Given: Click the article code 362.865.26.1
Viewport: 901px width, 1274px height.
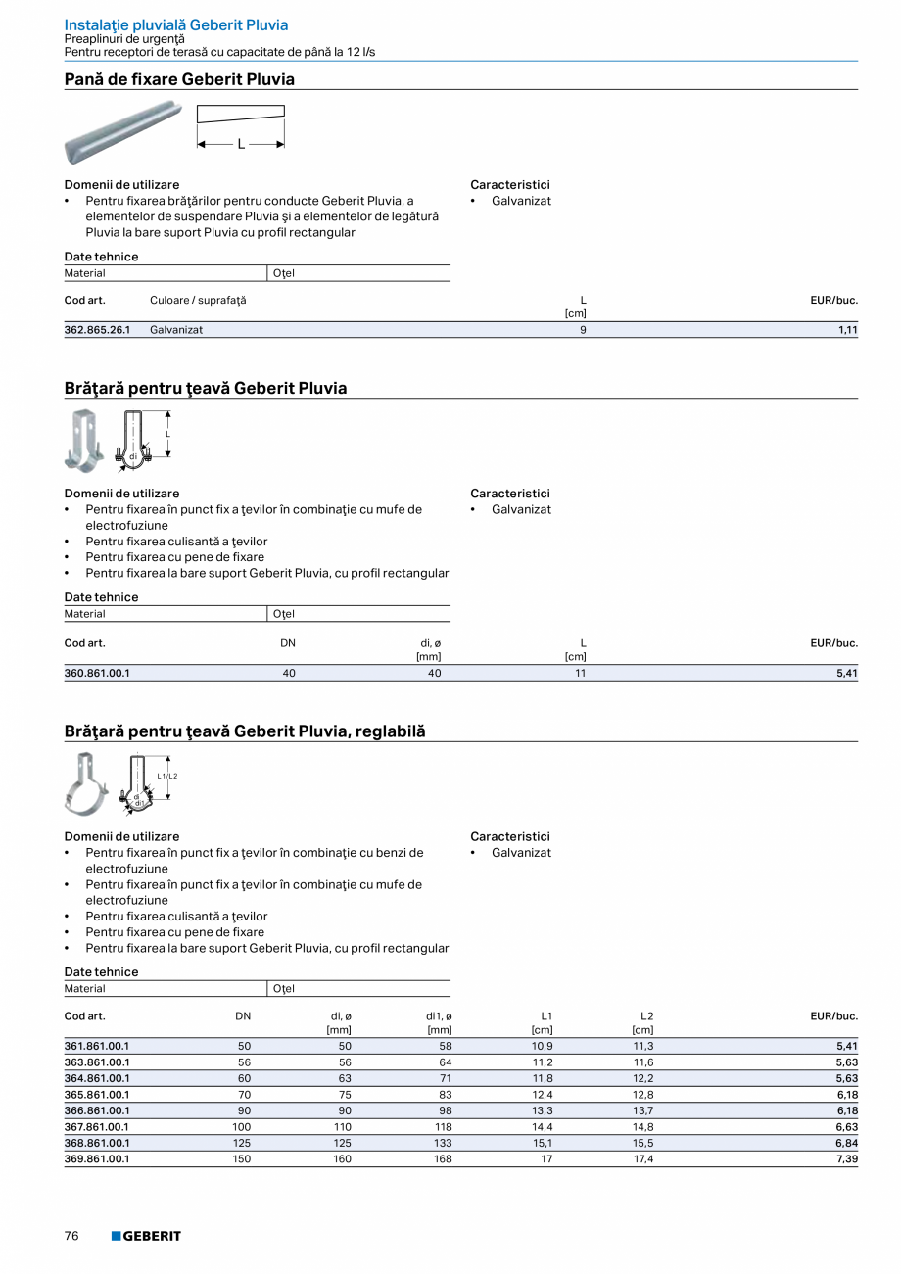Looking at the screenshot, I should tap(97, 330).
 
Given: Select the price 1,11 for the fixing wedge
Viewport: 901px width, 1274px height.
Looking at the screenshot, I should tap(848, 330).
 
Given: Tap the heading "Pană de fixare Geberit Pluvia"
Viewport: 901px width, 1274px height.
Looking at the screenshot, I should tap(179, 79).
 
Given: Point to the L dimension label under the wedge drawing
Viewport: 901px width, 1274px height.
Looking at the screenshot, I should tap(241, 144).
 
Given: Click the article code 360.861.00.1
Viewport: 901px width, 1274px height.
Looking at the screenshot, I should tap(97, 673).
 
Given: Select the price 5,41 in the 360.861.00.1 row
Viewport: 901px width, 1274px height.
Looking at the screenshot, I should tap(848, 673).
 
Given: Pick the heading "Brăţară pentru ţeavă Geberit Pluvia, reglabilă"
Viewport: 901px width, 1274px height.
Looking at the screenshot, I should tap(245, 731).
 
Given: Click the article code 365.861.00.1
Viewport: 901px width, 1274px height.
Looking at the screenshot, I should tap(97, 1095).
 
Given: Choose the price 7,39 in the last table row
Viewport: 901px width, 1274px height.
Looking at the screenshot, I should tap(848, 1158).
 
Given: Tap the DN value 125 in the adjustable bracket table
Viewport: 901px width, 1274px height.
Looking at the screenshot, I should tap(242, 1143).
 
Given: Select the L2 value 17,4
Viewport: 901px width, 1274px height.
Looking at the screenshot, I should tap(643, 1158).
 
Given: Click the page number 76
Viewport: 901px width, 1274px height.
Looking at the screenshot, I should tap(71, 1236).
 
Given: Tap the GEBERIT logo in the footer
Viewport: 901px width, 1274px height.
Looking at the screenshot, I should tap(146, 1236).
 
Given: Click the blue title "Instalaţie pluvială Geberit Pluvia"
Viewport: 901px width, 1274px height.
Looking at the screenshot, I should tap(176, 24).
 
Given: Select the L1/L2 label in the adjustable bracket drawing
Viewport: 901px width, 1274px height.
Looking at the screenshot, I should tap(166, 776).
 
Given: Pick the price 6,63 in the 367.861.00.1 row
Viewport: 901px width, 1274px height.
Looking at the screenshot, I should tap(848, 1127).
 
